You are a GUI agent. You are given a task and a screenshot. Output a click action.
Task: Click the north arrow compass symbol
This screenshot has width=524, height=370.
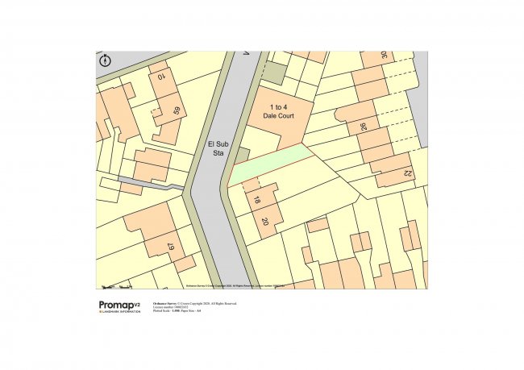tap(105, 60)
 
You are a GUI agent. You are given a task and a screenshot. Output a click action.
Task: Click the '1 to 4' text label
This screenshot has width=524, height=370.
tap(278, 107)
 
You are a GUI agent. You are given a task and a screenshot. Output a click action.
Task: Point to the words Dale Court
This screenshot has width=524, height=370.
tap(278, 116)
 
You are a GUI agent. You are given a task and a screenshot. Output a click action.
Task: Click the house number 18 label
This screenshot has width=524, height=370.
tap(257, 201)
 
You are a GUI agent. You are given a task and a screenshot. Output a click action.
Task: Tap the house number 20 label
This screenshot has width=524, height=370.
tap(264, 221)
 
